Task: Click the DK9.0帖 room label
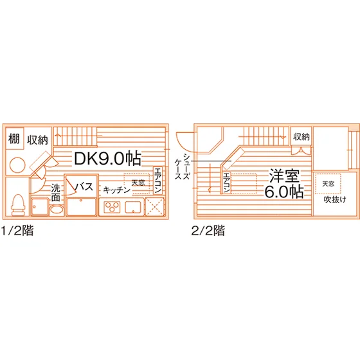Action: pyautogui.click(x=107, y=158)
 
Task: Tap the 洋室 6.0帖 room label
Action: pyautogui.click(x=284, y=184)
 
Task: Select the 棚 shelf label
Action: pyautogui.click(x=14, y=139)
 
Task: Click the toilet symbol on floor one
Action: pyautogui.click(x=18, y=205)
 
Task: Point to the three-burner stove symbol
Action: pyautogui.click(x=112, y=207)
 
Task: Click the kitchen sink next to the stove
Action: pyautogui.click(x=133, y=207)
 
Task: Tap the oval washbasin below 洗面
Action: pyautogui.click(x=57, y=210)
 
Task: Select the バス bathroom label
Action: pyautogui.click(x=84, y=186)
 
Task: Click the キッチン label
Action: pyautogui.click(x=116, y=190)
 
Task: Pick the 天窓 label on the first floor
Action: pyautogui.click(x=138, y=183)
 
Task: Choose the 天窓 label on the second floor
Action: pyautogui.click(x=328, y=184)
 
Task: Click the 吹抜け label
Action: pyautogui.click(x=335, y=199)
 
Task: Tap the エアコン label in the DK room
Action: pyautogui.click(x=157, y=181)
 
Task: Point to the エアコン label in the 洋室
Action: pyautogui.click(x=226, y=183)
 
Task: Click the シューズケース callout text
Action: pyautogui.click(x=182, y=166)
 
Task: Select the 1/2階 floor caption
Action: pyautogui.click(x=17, y=230)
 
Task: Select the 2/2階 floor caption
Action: pyautogui.click(x=208, y=230)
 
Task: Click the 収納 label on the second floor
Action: pyautogui.click(x=301, y=137)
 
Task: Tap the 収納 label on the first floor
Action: pyautogui.click(x=38, y=140)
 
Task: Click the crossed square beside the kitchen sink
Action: pyautogui.click(x=155, y=207)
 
